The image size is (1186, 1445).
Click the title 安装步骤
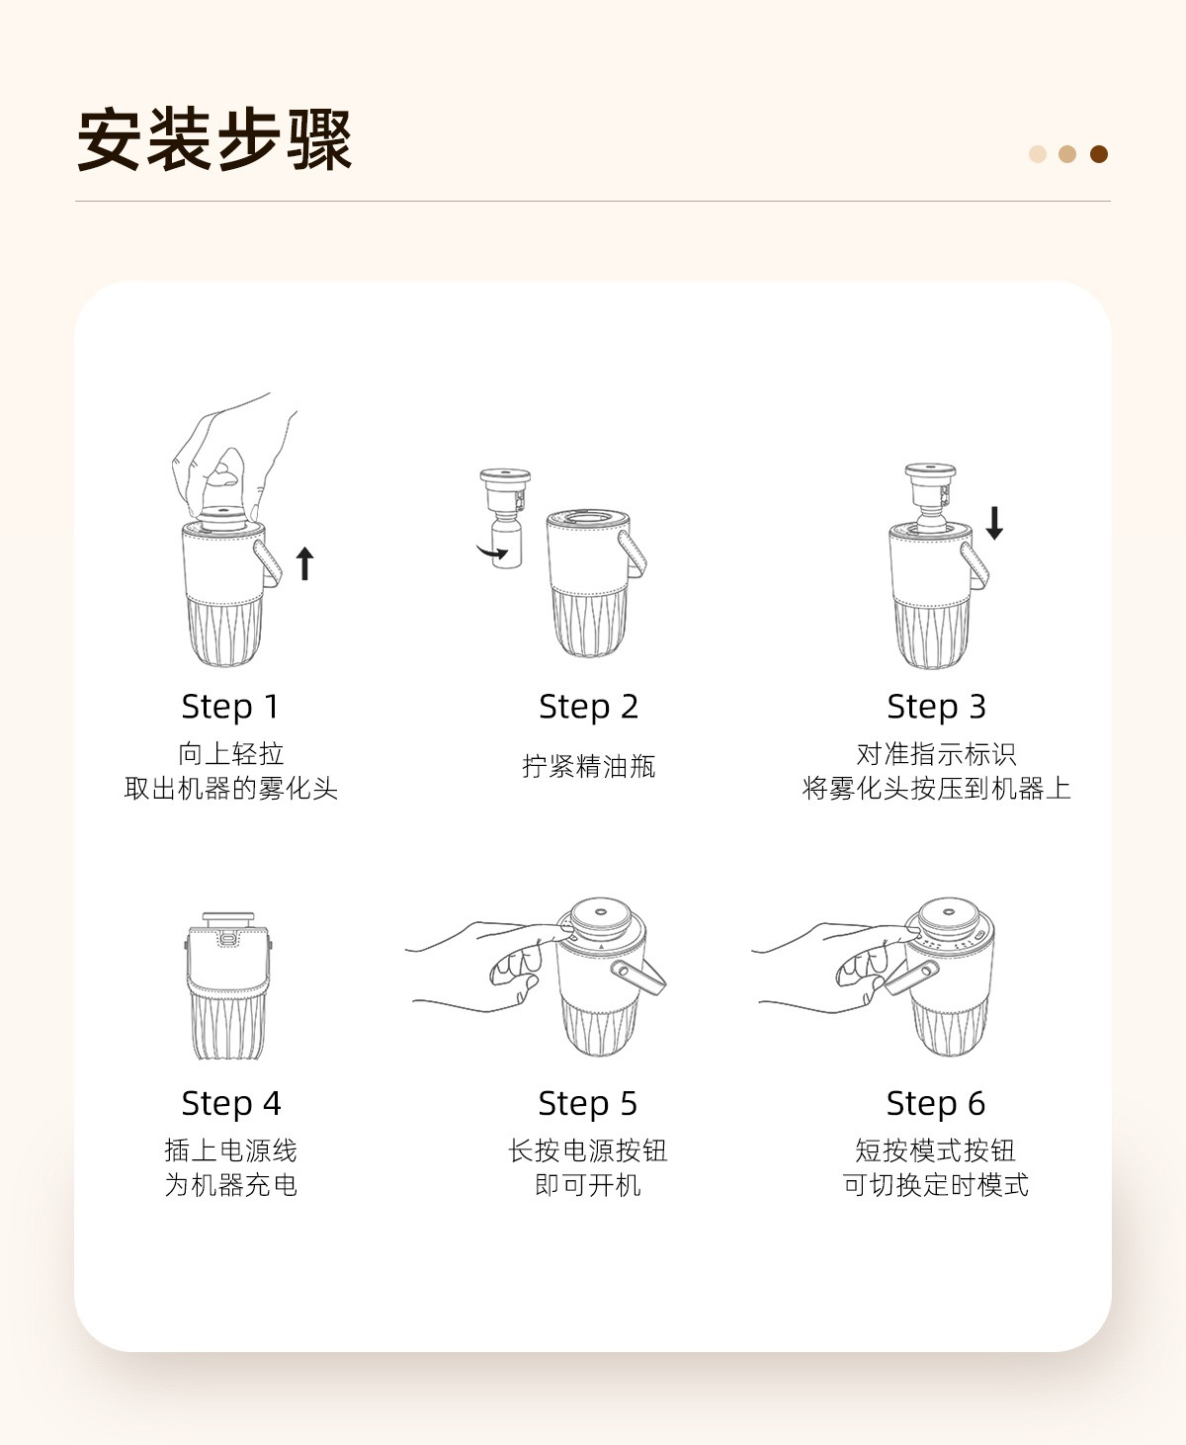pos(214,139)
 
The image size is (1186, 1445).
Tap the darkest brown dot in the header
pos(1098,154)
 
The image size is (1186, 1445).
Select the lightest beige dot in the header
pos(1038,154)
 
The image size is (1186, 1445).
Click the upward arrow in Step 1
pos(304,563)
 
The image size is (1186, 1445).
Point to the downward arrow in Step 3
pos(994,523)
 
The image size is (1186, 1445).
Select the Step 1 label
pos(230,707)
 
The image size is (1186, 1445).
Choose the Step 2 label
pos(588,707)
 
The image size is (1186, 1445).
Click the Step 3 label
pos(936,707)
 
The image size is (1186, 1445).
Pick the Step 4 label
pos(231,1103)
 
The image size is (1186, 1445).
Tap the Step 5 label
pos(587,1103)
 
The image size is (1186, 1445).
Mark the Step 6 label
pos(935,1103)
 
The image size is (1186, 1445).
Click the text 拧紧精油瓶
pos(588,766)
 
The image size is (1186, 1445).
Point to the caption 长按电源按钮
pos(587,1150)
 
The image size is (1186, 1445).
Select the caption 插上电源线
pos(231,1150)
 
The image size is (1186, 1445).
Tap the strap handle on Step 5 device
pos(637,977)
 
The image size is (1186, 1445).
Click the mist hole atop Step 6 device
pos(949,912)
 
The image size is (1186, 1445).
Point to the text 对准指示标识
pos(936,754)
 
